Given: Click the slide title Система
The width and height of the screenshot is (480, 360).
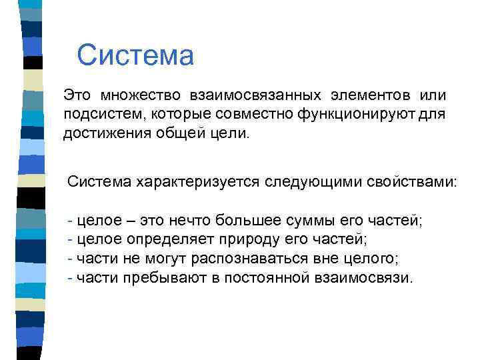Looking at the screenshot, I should (135, 55).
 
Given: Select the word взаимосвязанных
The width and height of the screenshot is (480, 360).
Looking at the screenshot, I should (259, 95).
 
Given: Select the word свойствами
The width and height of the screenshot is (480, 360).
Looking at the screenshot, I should (411, 181).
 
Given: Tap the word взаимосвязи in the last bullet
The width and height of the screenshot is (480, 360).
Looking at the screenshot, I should (362, 277).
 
